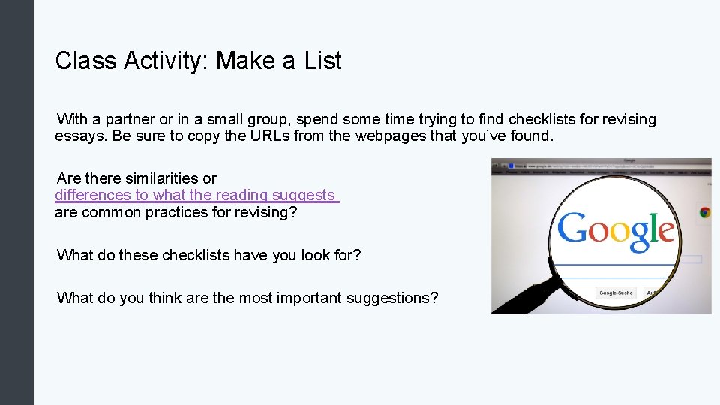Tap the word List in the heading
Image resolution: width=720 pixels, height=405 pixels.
[x=322, y=61]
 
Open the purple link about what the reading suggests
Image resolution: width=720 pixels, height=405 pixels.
[x=196, y=195]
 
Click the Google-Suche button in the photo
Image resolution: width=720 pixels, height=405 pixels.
[x=615, y=292]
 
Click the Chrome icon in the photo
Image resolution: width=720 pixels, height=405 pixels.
[x=704, y=212]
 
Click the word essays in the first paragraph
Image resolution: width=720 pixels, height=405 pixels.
[x=78, y=136]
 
